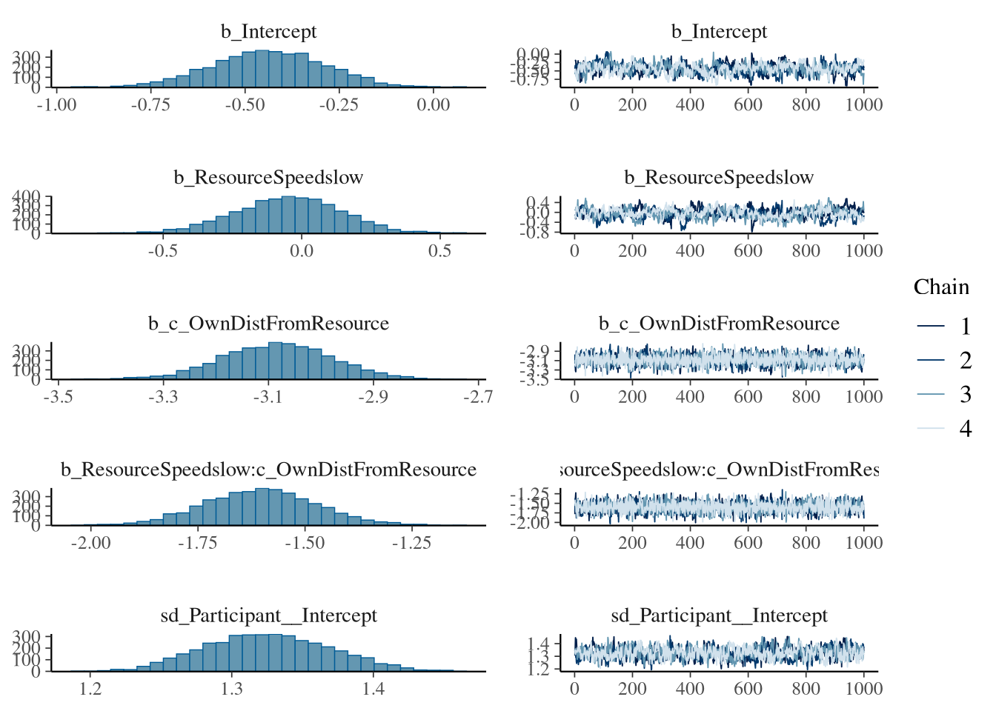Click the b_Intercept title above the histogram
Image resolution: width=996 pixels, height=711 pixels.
coord(268,32)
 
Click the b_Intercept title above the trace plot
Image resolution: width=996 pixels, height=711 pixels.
coord(719,32)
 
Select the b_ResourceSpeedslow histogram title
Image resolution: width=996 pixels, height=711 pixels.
coord(268,178)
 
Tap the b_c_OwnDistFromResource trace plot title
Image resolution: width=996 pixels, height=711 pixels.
coord(719,324)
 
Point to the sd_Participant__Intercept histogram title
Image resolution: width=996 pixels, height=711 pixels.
coord(268,615)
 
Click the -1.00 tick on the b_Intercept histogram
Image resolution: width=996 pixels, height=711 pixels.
coord(56,105)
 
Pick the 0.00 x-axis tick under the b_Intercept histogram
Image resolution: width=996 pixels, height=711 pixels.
coord(433,105)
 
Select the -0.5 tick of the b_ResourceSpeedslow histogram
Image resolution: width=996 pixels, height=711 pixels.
coord(163,251)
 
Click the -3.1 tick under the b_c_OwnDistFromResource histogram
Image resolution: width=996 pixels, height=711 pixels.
coord(268,397)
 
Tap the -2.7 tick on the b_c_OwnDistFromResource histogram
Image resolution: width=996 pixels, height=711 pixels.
coord(478,397)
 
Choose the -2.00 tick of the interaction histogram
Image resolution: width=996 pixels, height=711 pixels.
coord(91,543)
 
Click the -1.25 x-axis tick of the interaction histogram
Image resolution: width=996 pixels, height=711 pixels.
coord(411,543)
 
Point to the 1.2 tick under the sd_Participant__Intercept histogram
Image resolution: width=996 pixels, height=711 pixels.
coord(90,689)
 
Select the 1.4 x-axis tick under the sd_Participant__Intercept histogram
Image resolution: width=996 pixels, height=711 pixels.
coord(373,689)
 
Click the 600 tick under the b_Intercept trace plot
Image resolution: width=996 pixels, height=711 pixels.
coord(748,105)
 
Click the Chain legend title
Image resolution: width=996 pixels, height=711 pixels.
coord(941,287)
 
